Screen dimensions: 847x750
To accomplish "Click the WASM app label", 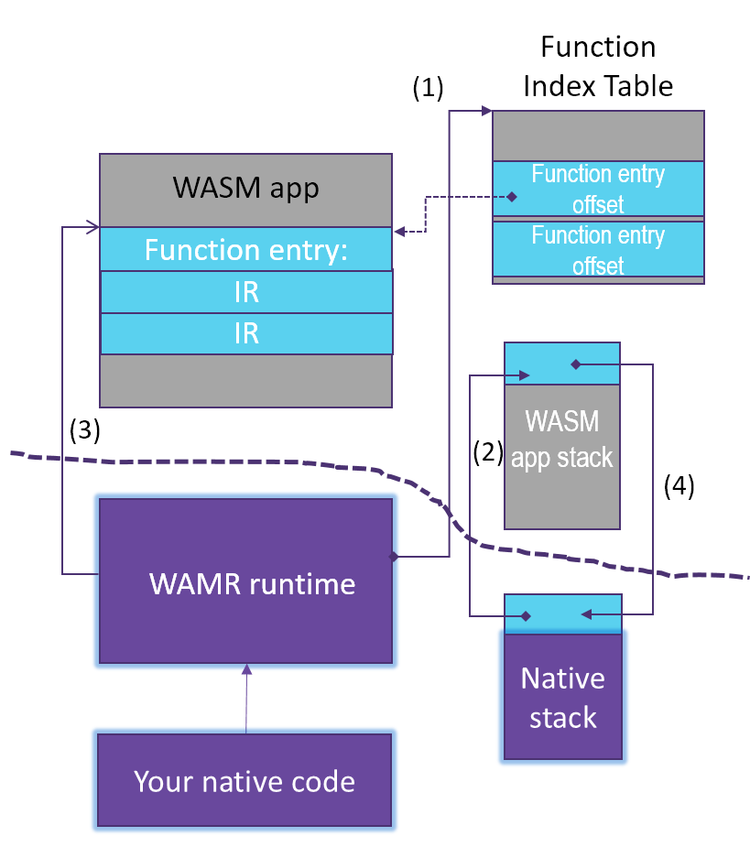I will (245, 189).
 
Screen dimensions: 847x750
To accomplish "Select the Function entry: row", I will (245, 249).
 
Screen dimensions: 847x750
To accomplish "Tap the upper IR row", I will (245, 292).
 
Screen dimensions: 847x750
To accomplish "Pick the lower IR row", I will (245, 333).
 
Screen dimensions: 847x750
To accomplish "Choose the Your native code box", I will (245, 781).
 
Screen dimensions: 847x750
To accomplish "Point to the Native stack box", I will (562, 698).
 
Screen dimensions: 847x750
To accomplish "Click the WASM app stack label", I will (561, 440).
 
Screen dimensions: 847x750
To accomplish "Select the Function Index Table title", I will (598, 66).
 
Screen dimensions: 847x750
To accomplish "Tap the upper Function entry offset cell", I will (598, 188).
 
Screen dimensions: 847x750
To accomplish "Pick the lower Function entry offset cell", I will (598, 250).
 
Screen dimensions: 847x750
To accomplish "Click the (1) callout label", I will (428, 88).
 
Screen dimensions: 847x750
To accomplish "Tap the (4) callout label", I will (679, 486).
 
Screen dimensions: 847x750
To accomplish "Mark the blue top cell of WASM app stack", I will (561, 364).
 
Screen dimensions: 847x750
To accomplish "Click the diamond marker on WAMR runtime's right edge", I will (394, 556).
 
